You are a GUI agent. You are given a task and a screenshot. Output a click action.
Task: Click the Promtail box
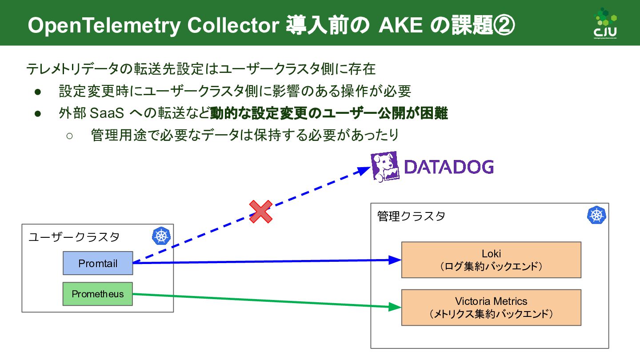point(98,263)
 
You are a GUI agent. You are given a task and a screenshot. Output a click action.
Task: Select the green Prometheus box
point(98,294)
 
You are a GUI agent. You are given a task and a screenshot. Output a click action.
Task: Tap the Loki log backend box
point(491,260)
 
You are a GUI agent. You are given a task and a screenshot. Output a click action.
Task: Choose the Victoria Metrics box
point(491,308)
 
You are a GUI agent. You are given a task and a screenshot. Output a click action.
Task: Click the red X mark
point(260,211)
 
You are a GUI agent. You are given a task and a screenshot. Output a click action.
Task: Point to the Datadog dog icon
point(385,167)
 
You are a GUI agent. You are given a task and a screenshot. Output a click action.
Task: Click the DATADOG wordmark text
point(449,167)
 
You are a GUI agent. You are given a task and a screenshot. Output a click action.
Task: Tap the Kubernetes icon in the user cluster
point(161,236)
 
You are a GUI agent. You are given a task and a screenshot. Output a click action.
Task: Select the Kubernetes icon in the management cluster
point(596,215)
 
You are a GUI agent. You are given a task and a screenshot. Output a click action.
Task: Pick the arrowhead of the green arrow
point(396,307)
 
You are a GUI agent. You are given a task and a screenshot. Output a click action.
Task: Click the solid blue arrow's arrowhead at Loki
point(396,260)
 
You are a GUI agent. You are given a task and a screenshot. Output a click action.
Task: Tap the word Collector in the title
point(233,25)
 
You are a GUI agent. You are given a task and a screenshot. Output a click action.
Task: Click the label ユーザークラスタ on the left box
point(74,236)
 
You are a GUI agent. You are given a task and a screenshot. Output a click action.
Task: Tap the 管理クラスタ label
point(411,216)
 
